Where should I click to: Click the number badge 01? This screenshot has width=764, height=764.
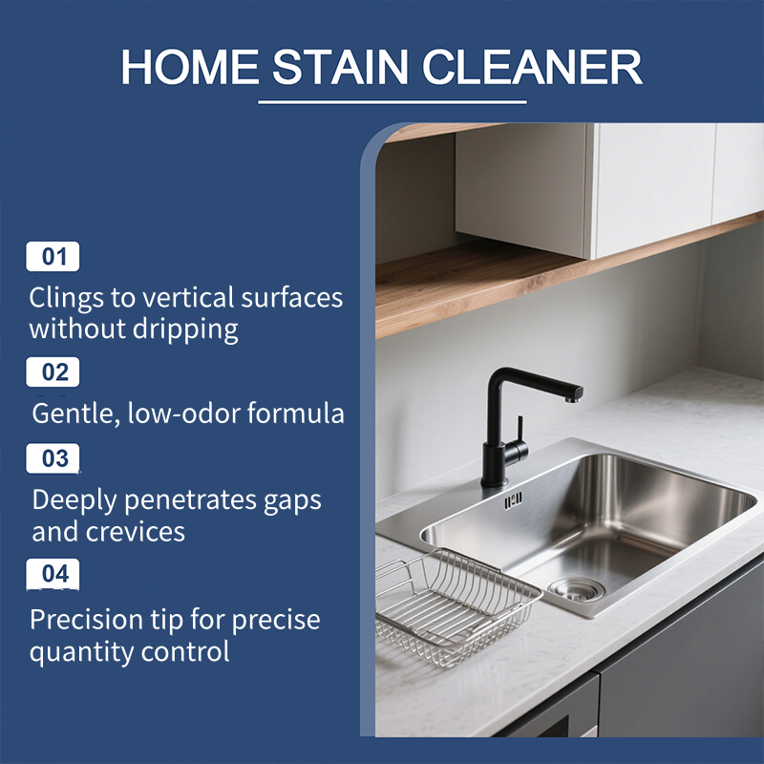[x=53, y=256]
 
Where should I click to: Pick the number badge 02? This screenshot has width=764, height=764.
[x=53, y=371]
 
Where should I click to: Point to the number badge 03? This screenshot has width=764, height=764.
[x=53, y=457]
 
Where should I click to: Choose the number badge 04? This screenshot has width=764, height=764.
[x=53, y=573]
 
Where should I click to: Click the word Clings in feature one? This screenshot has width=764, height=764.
[x=67, y=298]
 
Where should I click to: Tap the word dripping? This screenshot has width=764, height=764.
[x=188, y=330]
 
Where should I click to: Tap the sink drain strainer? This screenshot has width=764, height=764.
[x=575, y=588]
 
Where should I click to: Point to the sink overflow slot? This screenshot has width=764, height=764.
[x=514, y=499]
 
